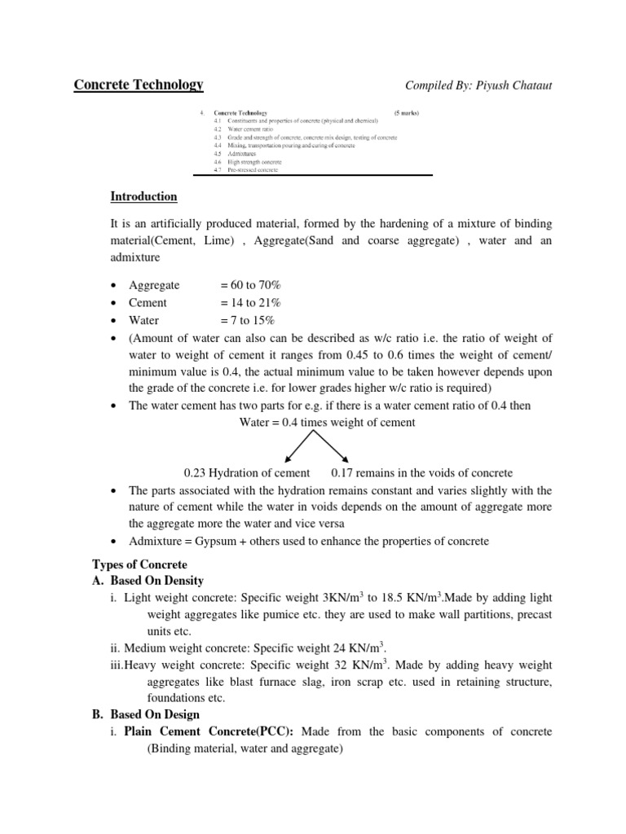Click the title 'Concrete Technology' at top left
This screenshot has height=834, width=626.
pyautogui.click(x=139, y=85)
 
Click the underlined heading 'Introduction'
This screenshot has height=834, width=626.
pyautogui.click(x=143, y=197)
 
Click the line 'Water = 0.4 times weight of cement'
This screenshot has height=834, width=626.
pyautogui.click(x=327, y=423)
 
